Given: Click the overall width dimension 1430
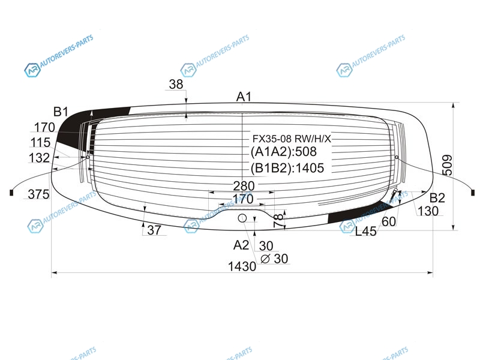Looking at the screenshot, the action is [242, 266].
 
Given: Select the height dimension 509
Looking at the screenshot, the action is [448, 166].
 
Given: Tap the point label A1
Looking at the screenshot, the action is [244, 97].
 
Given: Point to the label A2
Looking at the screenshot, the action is [241, 245].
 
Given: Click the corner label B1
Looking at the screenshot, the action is [61, 112].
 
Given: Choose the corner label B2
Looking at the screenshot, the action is [437, 198].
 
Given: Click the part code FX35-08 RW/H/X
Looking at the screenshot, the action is [292, 139].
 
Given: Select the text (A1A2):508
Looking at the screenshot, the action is [283, 152].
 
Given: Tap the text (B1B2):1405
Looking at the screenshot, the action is [287, 168].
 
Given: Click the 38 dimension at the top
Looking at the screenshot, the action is [176, 84].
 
